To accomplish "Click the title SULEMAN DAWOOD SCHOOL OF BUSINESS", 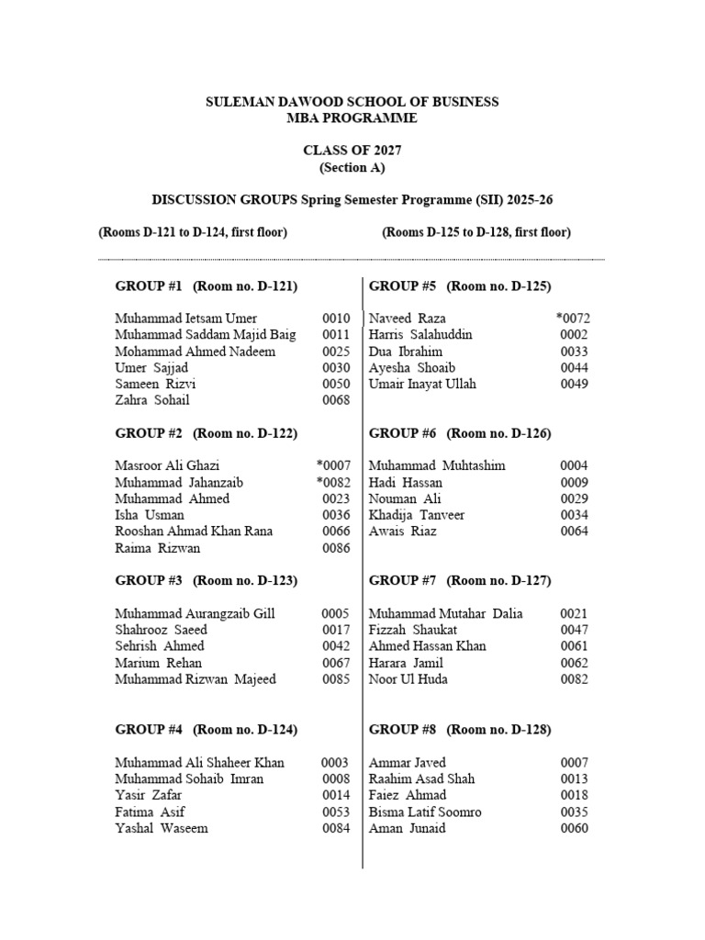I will tap(352, 102).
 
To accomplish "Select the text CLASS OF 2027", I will tap(352, 151).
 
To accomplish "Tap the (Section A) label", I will tap(352, 168).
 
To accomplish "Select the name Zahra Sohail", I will tap(153, 400).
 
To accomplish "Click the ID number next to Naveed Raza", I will tap(572, 319).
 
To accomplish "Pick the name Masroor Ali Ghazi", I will tap(167, 466).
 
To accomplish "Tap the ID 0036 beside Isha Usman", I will tap(335, 516).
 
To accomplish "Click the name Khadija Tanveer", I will tap(417, 515).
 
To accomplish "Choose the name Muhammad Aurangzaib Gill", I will tap(194, 614).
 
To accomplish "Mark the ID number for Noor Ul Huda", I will tap(575, 679).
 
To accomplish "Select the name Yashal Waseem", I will tap(162, 828).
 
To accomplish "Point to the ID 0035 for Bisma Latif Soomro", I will tap(575, 812).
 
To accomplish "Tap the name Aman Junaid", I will tap(408, 828).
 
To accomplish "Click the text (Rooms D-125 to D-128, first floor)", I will tap(476, 232).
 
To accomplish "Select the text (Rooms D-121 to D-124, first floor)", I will tap(193, 232).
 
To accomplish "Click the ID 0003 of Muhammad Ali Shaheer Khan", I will tap(335, 763).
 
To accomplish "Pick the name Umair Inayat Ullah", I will tap(422, 384).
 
